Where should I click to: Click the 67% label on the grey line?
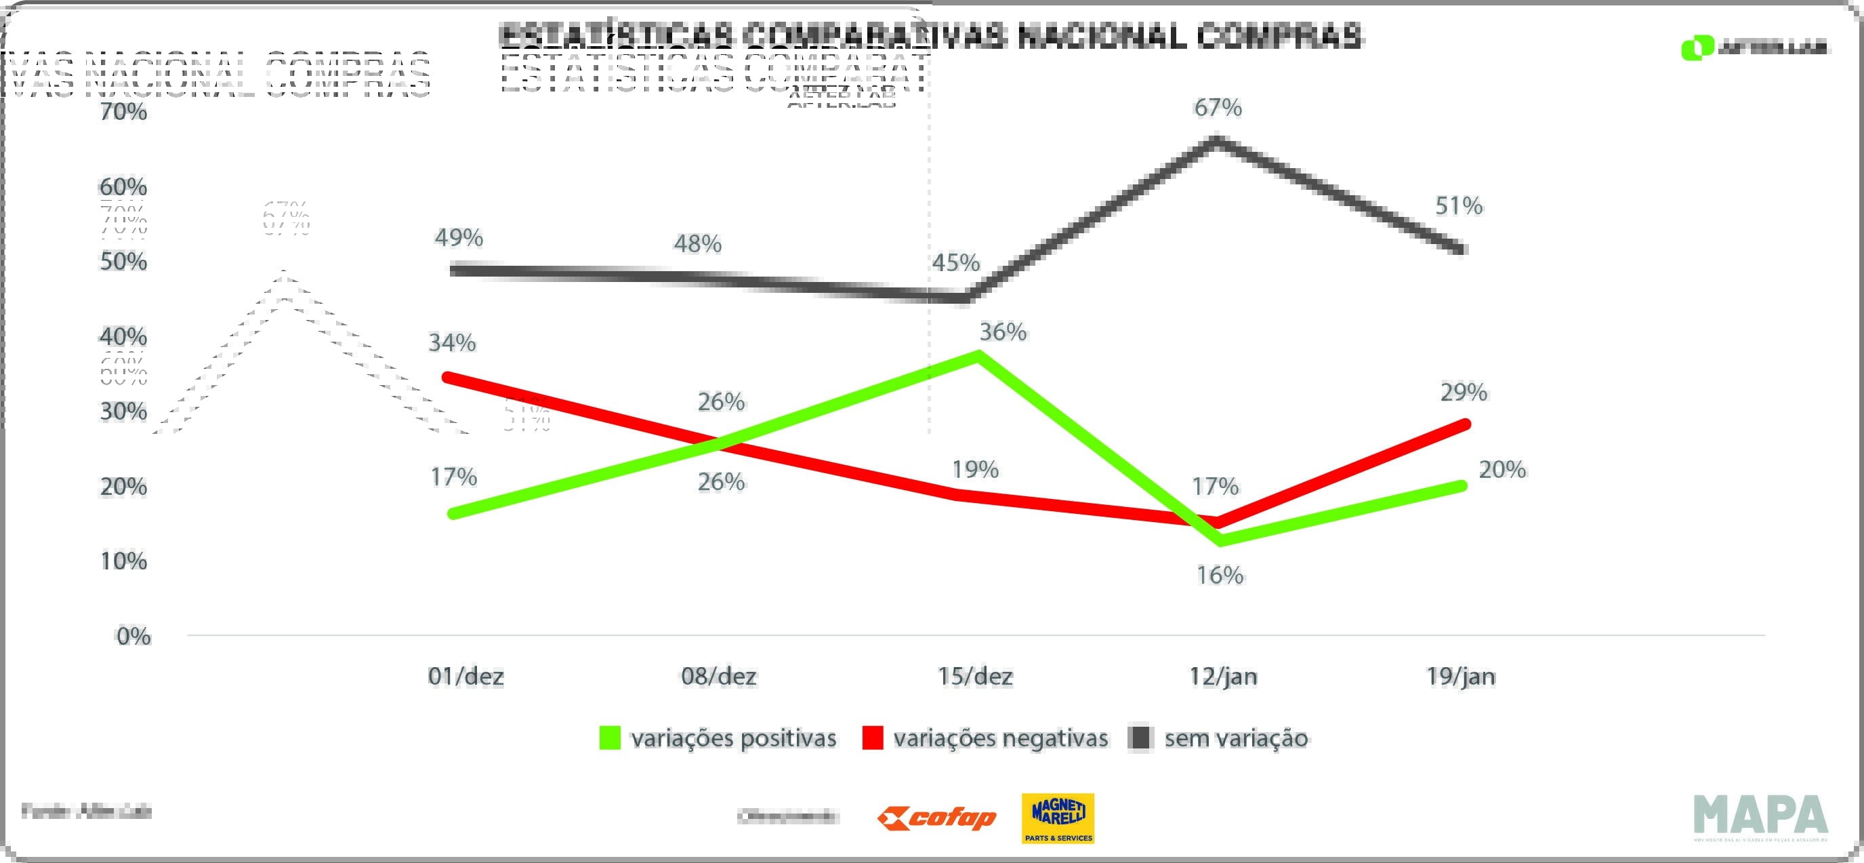(x=1218, y=108)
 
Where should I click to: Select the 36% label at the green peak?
(x=1003, y=332)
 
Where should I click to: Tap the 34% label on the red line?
(x=452, y=342)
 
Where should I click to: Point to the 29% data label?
(x=1463, y=393)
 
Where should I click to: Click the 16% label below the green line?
(x=1220, y=576)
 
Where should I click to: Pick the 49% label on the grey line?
(x=459, y=237)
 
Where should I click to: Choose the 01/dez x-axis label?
(x=466, y=676)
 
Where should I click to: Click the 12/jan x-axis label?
(x=1224, y=676)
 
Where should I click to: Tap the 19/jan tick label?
(x=1461, y=676)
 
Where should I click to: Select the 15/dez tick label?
(x=976, y=676)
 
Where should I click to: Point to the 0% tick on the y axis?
(x=134, y=637)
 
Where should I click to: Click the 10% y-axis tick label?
(x=124, y=561)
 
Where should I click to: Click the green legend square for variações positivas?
(x=610, y=738)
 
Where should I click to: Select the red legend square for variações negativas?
(x=873, y=738)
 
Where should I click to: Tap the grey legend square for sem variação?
(x=1141, y=738)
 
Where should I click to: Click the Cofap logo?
(x=937, y=819)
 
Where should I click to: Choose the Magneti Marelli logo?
(x=1058, y=819)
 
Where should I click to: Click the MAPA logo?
(x=1760, y=816)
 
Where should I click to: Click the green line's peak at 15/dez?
(x=978, y=355)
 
